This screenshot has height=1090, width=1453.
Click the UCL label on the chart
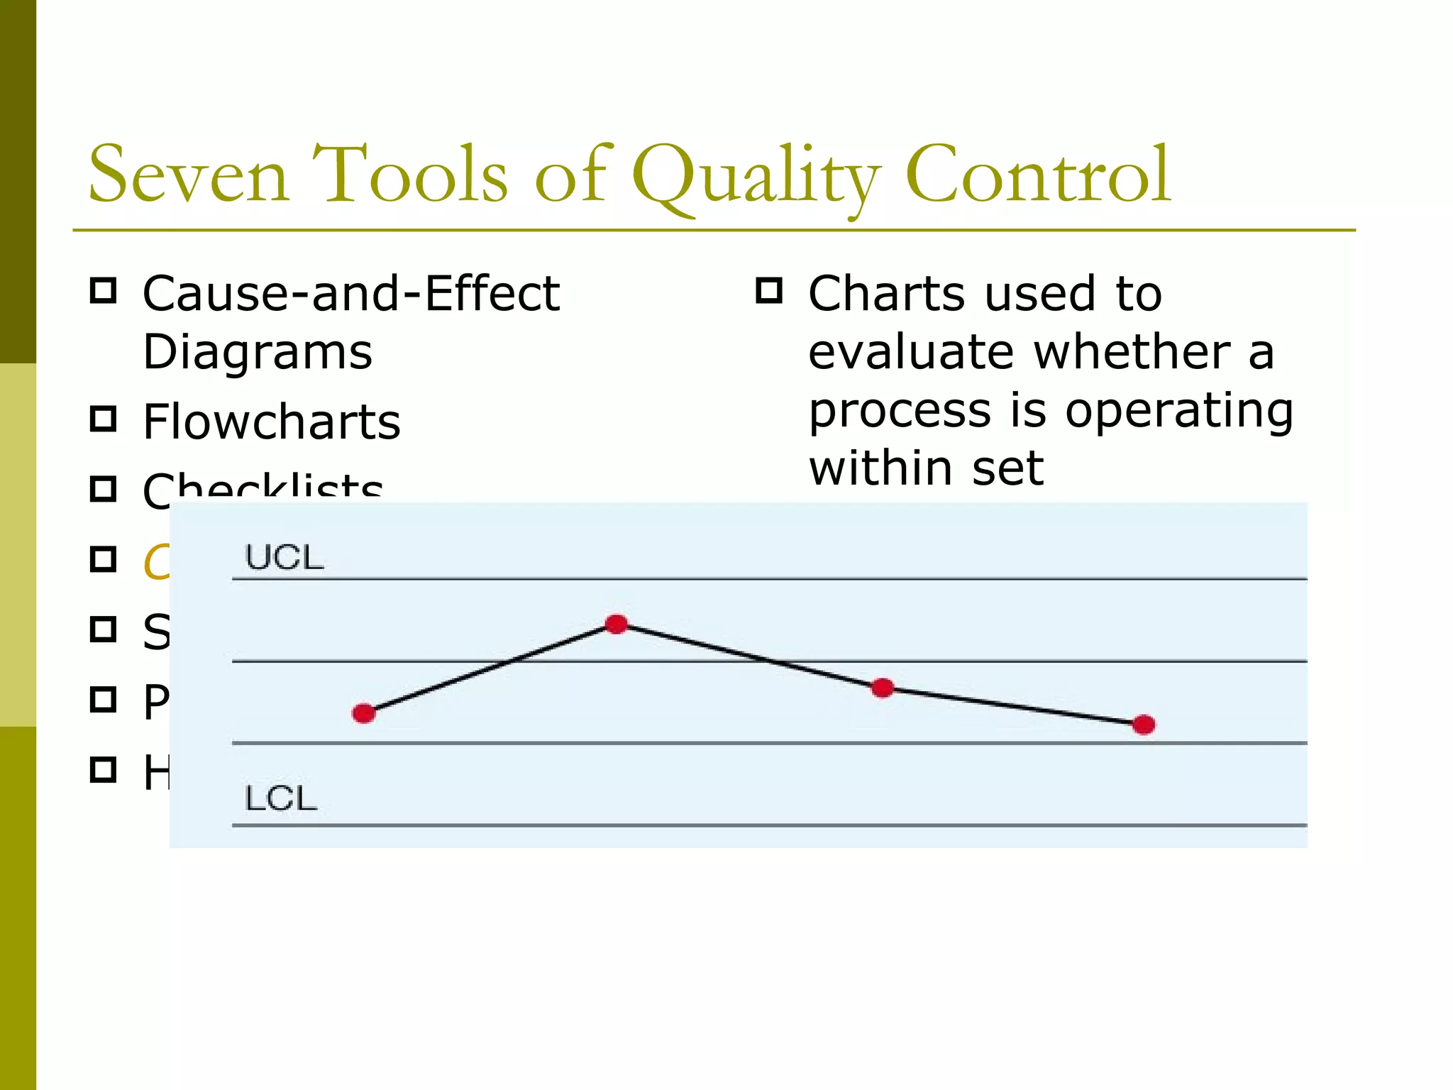click(284, 558)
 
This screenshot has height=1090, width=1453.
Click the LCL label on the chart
click(280, 799)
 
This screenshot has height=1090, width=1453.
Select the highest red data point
click(617, 624)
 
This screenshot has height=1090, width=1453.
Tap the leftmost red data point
click(363, 713)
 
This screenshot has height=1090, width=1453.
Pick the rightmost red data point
click(1144, 725)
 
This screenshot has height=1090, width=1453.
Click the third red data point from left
click(882, 688)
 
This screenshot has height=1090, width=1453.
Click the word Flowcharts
click(271, 422)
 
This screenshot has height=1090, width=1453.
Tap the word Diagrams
click(257, 353)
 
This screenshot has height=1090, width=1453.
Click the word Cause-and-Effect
click(350, 294)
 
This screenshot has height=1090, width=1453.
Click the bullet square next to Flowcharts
click(104, 419)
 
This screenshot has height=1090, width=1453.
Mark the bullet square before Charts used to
click(769, 290)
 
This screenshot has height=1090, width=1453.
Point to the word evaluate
click(912, 353)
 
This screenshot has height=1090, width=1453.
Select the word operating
click(1179, 411)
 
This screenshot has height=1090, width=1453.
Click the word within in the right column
click(880, 469)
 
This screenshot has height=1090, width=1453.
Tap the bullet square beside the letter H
click(104, 769)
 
